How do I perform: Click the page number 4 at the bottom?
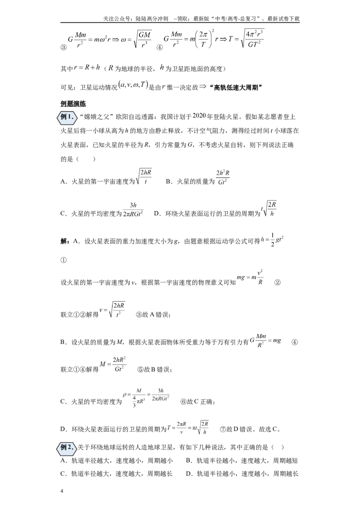[x=62, y=491]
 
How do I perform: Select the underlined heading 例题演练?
[x=73, y=103]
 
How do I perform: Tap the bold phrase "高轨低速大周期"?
[x=236, y=88]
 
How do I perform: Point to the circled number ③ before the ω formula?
[x=64, y=47]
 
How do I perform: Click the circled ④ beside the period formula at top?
[x=160, y=47]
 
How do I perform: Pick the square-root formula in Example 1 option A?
[x=144, y=177]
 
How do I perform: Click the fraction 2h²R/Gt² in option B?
[x=223, y=177]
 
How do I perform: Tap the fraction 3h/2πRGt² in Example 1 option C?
[x=133, y=210]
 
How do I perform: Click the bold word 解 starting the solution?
[x=64, y=241]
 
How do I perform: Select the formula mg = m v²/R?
[x=250, y=277]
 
